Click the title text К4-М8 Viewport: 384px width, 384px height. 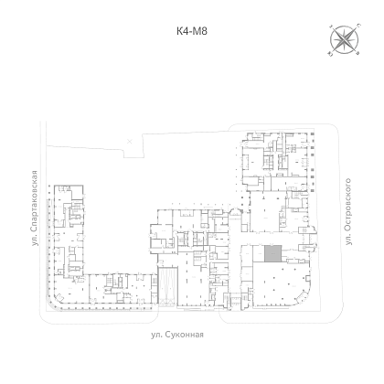pos(192,31)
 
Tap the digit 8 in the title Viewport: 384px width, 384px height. pos(204,31)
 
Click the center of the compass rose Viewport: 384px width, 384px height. pos(344,40)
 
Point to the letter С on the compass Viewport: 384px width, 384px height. pos(359,25)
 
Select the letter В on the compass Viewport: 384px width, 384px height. pos(358,54)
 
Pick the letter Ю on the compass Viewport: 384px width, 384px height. pos(330,55)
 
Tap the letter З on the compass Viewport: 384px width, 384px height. pos(330,27)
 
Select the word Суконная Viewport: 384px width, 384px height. pos(184,335)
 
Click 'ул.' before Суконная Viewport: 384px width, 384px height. pos(156,335)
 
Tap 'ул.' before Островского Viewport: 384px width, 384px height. pos(347,240)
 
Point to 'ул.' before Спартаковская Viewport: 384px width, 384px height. pos(35,240)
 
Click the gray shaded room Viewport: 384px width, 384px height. pos(272,254)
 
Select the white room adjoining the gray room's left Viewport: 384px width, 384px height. pos(259,254)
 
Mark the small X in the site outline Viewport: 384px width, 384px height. pos(130,141)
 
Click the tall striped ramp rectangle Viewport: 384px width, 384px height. pos(167,286)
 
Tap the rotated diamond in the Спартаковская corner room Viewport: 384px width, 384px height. pos(60,296)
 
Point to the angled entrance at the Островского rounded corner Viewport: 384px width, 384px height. pos(302,296)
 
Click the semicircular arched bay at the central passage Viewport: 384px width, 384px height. pos(235,211)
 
